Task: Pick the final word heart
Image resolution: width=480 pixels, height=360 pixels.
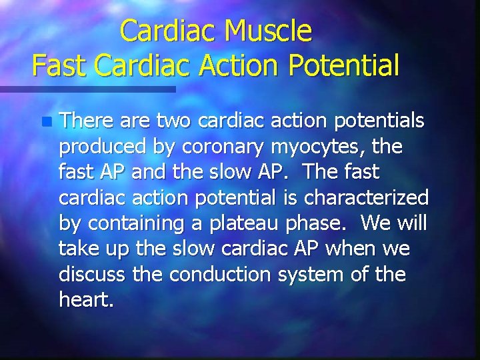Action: click(x=86, y=299)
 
